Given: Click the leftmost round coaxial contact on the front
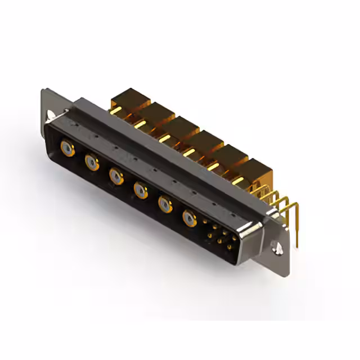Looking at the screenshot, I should (67, 148).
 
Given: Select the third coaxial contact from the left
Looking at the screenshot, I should (116, 177).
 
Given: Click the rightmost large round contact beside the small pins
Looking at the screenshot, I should (190, 217).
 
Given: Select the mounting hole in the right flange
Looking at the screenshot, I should (277, 246).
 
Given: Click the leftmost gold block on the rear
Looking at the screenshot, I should (126, 100).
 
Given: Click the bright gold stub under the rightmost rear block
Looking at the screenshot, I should (238, 181).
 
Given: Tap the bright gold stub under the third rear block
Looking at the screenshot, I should (164, 138).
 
